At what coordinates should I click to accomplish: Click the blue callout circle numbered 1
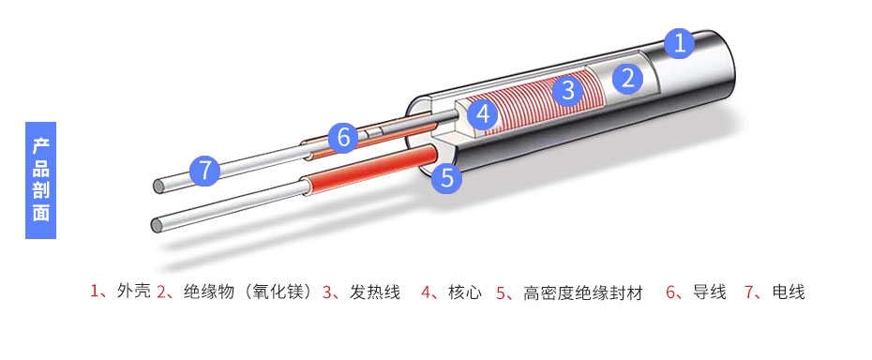[x=680, y=42]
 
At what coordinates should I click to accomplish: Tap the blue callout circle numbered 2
[x=628, y=79]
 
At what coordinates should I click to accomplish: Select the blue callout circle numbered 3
[x=566, y=91]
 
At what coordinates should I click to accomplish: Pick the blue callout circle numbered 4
[x=482, y=114]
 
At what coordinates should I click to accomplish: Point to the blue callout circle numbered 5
[x=447, y=177]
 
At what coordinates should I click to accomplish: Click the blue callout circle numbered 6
[x=343, y=139]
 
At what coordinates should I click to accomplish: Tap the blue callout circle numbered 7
[x=205, y=171]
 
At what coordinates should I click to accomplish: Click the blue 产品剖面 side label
[x=40, y=179]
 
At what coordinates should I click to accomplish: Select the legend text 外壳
[x=133, y=292]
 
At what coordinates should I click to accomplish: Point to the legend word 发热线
[x=375, y=292]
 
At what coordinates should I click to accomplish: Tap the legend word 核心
[x=465, y=292]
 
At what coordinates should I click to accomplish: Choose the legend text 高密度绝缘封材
[x=583, y=292]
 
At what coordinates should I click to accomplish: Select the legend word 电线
[x=789, y=292]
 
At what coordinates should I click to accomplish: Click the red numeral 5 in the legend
[x=501, y=292]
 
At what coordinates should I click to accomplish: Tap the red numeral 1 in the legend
[x=95, y=292]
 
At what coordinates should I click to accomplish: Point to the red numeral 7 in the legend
[x=749, y=292]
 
